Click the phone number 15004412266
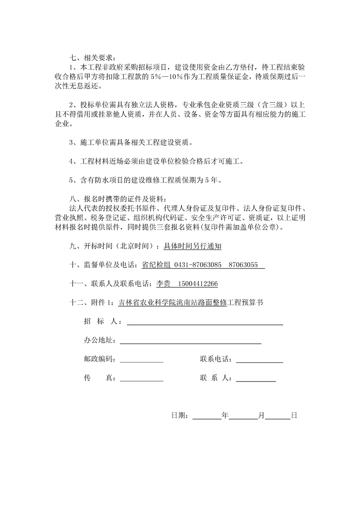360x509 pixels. point(198,284)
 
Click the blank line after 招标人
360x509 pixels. point(205,323)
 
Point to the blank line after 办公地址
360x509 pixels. point(190,342)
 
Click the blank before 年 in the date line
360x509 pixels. point(207,416)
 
